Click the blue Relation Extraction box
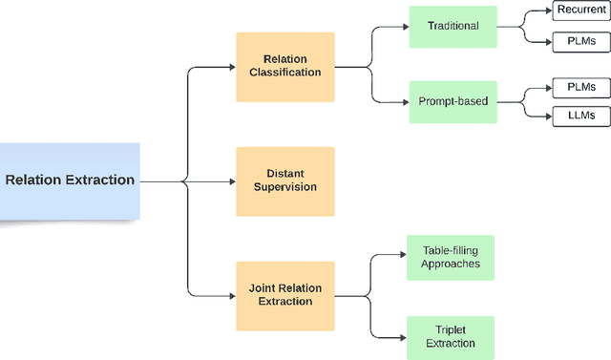pos(70,180)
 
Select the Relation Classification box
pos(285,67)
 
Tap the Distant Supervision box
pos(285,180)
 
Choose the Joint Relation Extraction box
pos(285,293)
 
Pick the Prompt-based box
pos(453,99)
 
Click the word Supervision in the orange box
pos(285,187)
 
